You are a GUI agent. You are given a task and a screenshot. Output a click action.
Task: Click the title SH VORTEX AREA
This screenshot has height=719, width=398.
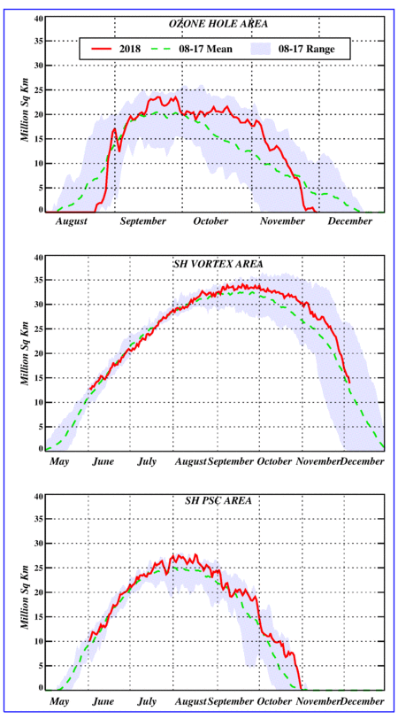pos(215,264)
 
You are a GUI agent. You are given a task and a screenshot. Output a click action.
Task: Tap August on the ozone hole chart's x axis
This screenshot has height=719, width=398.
pos(72,221)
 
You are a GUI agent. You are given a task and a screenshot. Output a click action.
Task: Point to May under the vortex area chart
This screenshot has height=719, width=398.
pos(58,461)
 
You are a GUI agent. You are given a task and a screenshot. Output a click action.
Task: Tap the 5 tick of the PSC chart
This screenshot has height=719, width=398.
pos(41,665)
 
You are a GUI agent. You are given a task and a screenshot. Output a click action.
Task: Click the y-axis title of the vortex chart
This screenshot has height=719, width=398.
pos(27,352)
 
